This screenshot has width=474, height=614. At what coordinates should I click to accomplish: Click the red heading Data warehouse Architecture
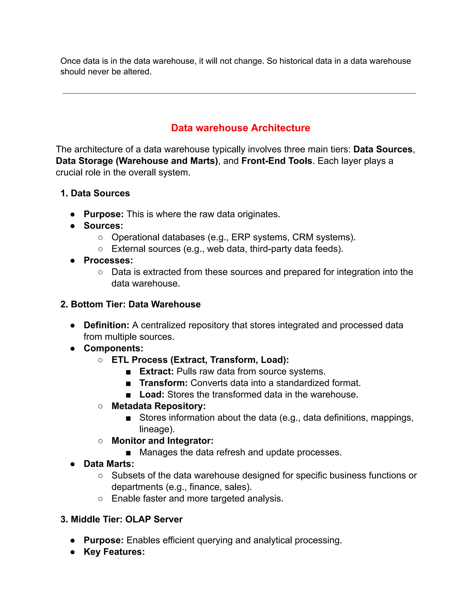240,128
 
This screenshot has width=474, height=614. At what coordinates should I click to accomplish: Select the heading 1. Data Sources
95,193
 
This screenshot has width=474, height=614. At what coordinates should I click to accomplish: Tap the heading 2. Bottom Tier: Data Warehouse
131,304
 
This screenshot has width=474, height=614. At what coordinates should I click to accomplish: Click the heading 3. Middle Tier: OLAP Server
122,519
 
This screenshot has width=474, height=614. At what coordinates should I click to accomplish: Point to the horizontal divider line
239,93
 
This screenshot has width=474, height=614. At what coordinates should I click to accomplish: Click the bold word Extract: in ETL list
156,371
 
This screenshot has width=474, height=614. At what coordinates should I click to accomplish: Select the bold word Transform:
163,383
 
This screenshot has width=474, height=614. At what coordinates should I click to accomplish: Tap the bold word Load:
152,394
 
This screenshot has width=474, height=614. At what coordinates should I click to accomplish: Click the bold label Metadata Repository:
158,406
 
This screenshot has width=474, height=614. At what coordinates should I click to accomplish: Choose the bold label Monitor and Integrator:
162,440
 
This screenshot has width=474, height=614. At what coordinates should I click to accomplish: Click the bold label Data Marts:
109,464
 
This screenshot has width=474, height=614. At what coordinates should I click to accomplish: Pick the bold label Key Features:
114,552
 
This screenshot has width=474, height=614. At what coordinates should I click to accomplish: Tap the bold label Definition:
106,325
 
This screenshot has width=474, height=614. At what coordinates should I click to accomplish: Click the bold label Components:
113,348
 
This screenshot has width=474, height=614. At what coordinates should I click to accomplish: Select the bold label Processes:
108,260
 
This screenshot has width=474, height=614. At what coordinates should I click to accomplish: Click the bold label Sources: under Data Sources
103,226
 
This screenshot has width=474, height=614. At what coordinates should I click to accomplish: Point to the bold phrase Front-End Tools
277,161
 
